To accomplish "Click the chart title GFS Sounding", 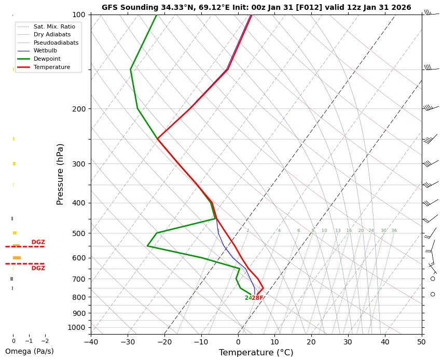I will tap(256, 7).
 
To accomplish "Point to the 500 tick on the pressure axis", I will tap(79, 233).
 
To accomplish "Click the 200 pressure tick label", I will tap(79, 109).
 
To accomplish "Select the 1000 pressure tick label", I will tap(77, 327).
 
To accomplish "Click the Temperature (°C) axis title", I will tap(256, 353).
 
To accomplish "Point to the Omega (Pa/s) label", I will tap(29, 351).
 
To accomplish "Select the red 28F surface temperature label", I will tap(258, 298).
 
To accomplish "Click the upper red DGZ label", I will tap(38, 242).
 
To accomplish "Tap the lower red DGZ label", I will tap(38, 268).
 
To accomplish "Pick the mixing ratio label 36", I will tap(394, 231).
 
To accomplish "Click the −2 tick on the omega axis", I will tap(45, 341).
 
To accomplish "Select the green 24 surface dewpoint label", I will tap(248, 298).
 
